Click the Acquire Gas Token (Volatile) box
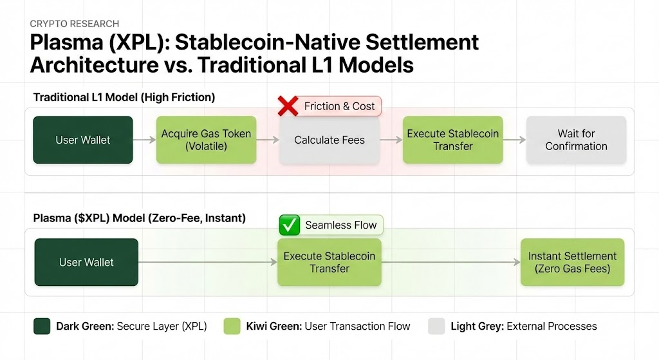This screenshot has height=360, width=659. point(207,140)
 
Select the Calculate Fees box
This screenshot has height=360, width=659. point(329,140)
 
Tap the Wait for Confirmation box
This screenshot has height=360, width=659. point(576,140)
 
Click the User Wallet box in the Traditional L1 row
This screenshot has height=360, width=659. point(83,140)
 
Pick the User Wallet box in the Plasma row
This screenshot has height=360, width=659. point(86,262)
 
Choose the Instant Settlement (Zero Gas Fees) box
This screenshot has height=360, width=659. point(572,262)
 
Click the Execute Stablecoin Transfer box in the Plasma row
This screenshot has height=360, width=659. point(329,262)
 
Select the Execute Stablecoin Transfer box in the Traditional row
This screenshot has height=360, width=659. point(452,140)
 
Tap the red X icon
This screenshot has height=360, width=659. point(288,106)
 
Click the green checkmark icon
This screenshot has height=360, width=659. point(290,225)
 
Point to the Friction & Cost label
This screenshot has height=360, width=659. point(339,106)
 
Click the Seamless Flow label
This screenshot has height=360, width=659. point(341,225)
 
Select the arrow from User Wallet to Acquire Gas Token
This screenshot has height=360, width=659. point(145,140)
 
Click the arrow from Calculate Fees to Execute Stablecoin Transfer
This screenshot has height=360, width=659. point(391,140)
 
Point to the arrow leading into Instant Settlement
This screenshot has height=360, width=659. point(451,262)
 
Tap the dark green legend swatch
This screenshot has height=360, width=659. point(42,327)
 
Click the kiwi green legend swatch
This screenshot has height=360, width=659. point(232,327)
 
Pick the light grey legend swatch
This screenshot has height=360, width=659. point(437,327)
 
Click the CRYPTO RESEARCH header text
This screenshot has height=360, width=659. point(75,24)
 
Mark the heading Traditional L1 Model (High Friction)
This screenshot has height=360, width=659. point(124,97)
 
